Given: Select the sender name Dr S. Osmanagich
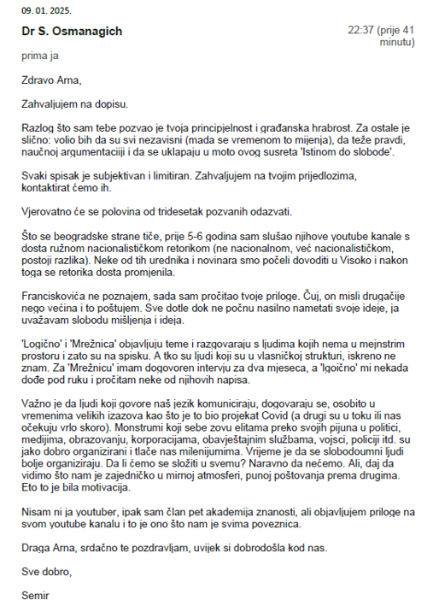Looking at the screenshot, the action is [73, 32].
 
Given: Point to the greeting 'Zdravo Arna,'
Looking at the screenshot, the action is [52, 81].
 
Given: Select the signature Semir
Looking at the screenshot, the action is [36, 594].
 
